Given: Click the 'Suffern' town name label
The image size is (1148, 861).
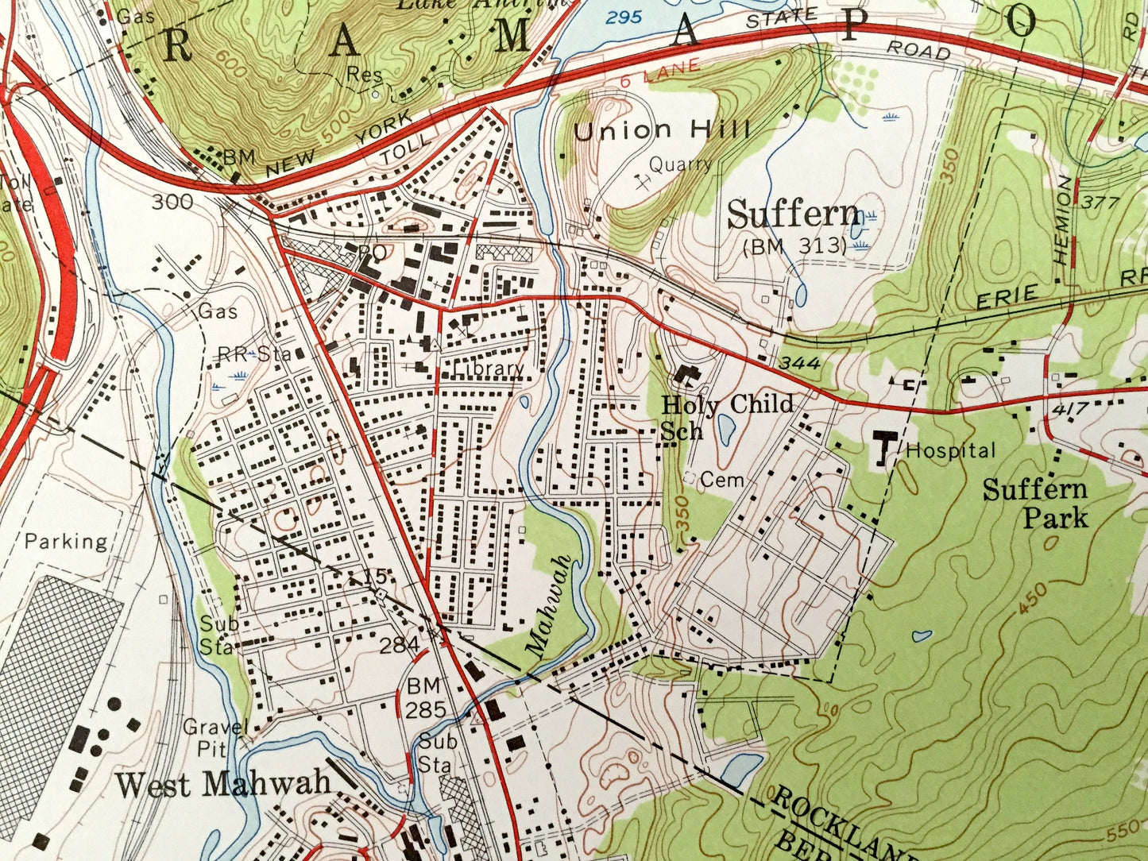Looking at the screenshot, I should tap(794, 214).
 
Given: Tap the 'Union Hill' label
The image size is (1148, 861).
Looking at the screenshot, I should tap(662, 130).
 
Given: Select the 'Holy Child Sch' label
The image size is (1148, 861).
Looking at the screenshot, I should tap(726, 416).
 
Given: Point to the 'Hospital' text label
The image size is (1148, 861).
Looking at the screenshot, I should tap(950, 451).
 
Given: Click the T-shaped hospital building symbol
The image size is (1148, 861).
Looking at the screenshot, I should tap(883, 449).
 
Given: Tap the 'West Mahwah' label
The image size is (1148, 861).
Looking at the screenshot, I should tap(222, 784).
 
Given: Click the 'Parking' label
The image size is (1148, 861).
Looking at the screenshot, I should tap(66, 542).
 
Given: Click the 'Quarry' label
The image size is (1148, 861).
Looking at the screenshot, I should tap(680, 164).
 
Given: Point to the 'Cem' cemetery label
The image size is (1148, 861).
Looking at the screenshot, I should tap(722, 480).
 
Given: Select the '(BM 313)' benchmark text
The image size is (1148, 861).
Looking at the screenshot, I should tap(794, 246).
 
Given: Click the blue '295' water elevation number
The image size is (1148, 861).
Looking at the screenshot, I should tap(623, 16).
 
